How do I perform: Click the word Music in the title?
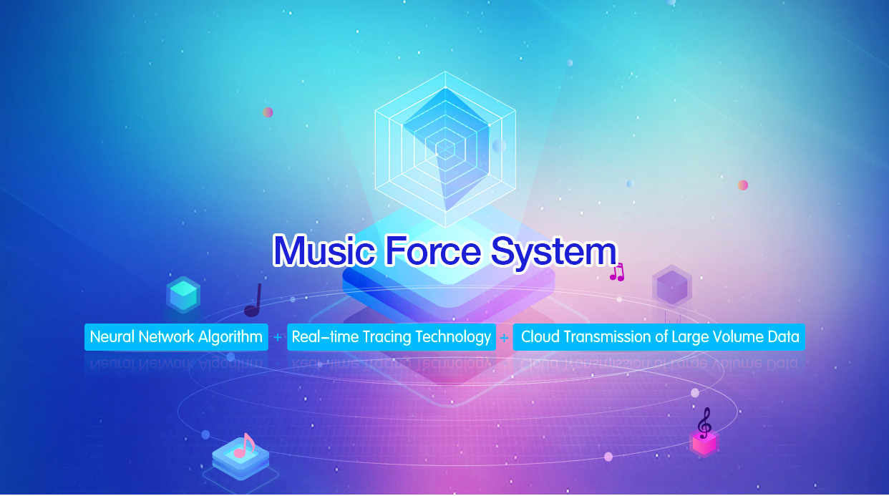point(324,251)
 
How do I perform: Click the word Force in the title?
point(433,251)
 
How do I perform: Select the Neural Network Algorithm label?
point(176,337)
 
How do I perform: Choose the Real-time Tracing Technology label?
point(392,337)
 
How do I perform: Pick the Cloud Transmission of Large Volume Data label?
point(659,337)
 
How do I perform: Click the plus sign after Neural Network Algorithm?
point(278,337)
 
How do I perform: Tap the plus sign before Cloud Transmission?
point(504,338)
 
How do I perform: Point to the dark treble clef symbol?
point(704,423)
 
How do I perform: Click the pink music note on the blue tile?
point(244,446)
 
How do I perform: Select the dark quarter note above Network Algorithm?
point(253,300)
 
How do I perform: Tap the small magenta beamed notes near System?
point(617,273)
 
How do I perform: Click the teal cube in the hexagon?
point(183,295)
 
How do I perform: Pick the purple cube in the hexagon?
point(672,287)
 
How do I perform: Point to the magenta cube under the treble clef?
point(704,443)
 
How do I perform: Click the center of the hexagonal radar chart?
point(445,149)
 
